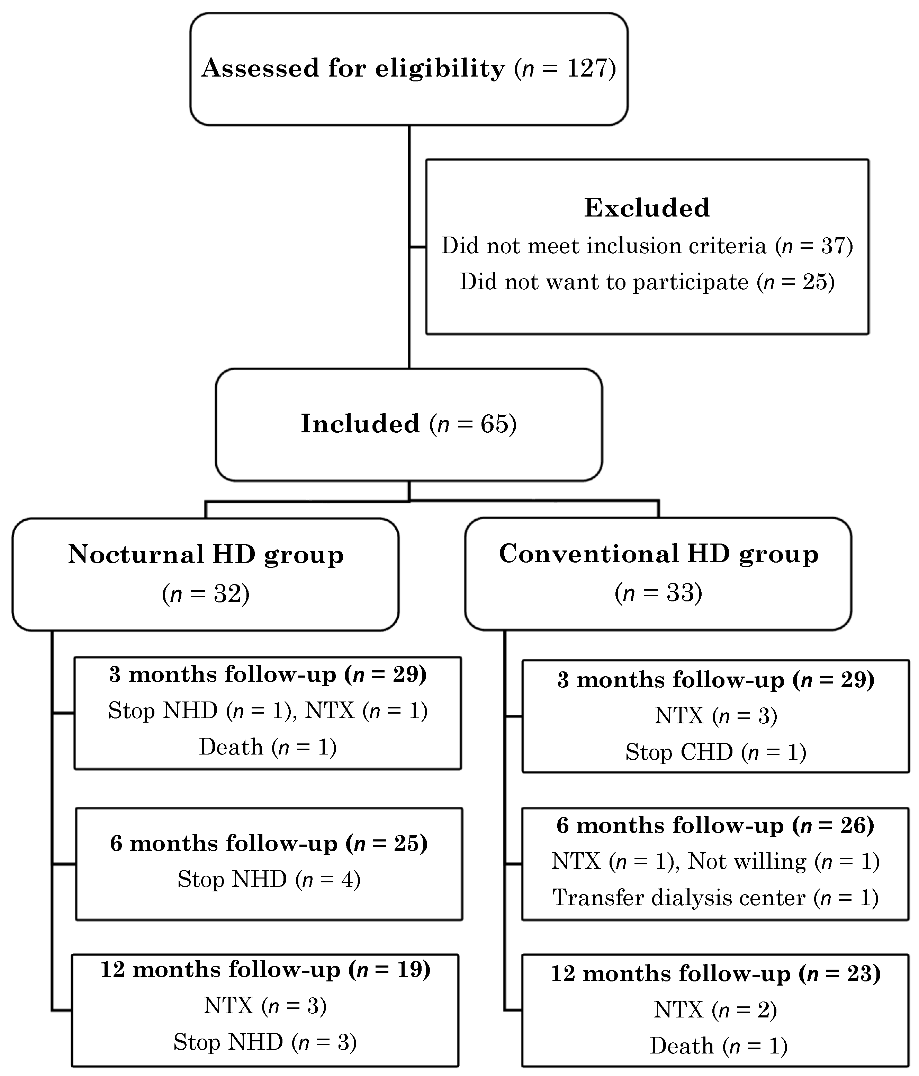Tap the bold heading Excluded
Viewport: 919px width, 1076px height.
click(x=647, y=208)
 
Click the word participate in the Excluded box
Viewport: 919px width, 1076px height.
click(x=691, y=282)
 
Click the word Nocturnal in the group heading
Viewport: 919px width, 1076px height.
click(x=136, y=554)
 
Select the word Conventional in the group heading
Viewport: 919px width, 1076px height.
click(x=588, y=554)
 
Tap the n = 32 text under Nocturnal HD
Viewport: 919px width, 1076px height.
click(x=206, y=593)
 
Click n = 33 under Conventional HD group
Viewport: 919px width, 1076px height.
click(x=658, y=592)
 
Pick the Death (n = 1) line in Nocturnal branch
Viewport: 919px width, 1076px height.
click(x=268, y=747)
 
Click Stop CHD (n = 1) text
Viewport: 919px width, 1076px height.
click(x=715, y=752)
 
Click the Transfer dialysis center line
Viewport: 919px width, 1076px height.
click(x=715, y=898)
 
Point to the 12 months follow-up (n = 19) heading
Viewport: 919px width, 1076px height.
click(x=265, y=970)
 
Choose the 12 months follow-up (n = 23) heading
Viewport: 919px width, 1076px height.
click(x=715, y=974)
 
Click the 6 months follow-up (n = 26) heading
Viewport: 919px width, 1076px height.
click(x=715, y=825)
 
